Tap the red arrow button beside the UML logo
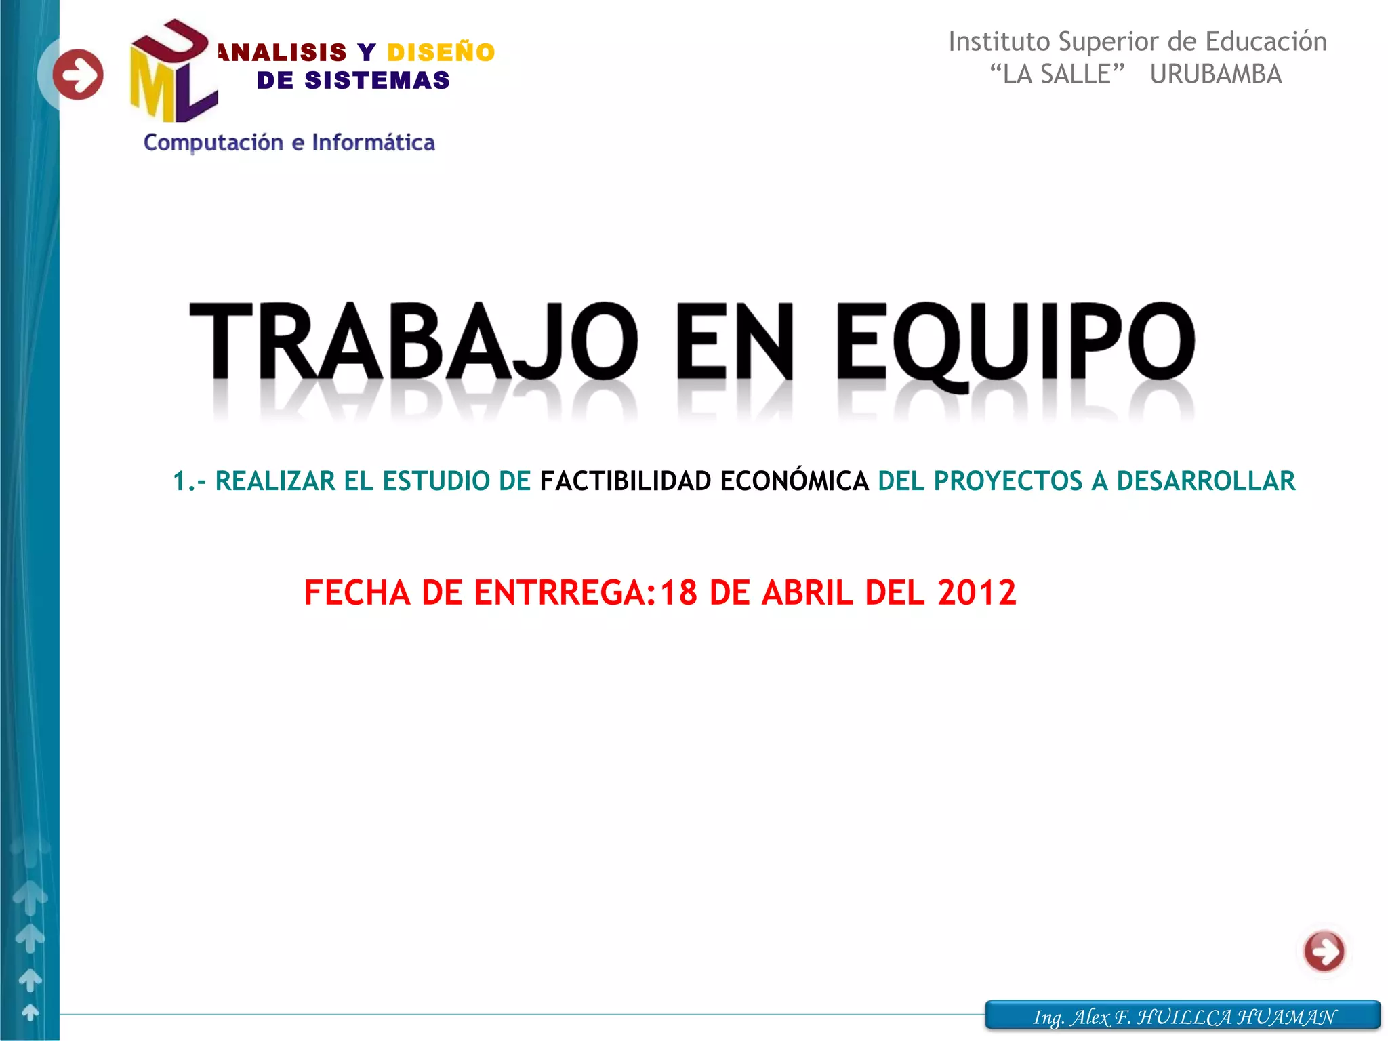78,75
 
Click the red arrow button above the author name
1324,951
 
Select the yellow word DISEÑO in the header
441,52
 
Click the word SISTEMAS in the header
377,81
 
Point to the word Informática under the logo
373,143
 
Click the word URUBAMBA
1216,75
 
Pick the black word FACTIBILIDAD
625,481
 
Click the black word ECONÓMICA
794,481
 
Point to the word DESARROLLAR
1206,481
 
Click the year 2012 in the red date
977,593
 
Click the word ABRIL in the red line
807,593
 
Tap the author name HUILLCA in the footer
1184,1017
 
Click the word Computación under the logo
213,143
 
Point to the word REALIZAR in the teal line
275,481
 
